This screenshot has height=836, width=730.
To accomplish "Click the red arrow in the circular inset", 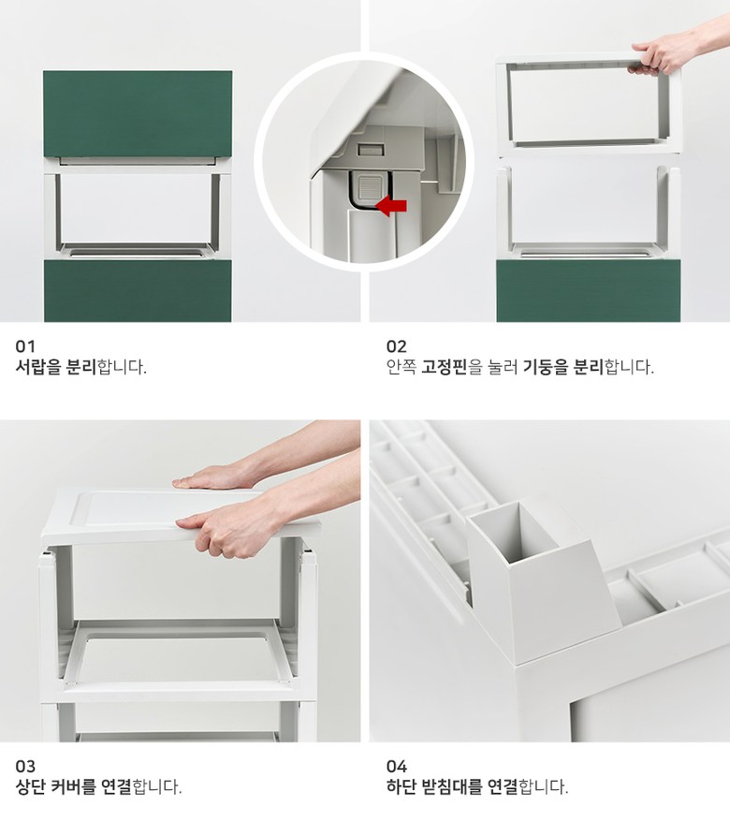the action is coord(391,206).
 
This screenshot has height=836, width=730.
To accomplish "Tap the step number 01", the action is coord(25,346).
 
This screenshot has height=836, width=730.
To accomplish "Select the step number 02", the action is coord(397,346).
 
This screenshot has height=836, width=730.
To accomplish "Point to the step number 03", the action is coord(25,766).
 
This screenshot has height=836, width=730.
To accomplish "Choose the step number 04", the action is coord(397,766).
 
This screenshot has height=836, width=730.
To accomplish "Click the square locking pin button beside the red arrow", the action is coord(368,186).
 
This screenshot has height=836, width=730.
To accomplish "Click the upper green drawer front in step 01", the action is coord(138,113).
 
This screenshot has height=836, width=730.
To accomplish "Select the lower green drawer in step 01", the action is coord(138,290).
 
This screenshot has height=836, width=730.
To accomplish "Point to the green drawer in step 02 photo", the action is coord(589,290).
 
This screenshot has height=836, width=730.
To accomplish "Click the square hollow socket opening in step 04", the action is coord(514,531).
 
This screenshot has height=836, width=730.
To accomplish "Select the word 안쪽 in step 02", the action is coord(401,367).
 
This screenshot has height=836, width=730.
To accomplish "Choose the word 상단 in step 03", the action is coord(30,786).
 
